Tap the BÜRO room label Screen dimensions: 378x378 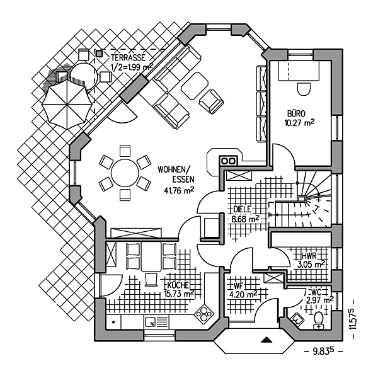click(x=296, y=113)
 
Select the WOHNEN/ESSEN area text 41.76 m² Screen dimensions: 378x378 click(x=179, y=190)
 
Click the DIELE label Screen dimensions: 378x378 click(x=243, y=209)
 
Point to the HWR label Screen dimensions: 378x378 click(x=309, y=256)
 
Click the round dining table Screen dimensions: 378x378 click(x=125, y=171)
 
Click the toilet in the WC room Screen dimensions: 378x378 click(x=318, y=319)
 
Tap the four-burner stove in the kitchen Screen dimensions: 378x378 click(x=204, y=312)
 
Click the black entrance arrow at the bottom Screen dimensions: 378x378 click(x=267, y=341)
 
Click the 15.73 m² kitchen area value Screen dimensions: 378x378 click(x=178, y=293)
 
